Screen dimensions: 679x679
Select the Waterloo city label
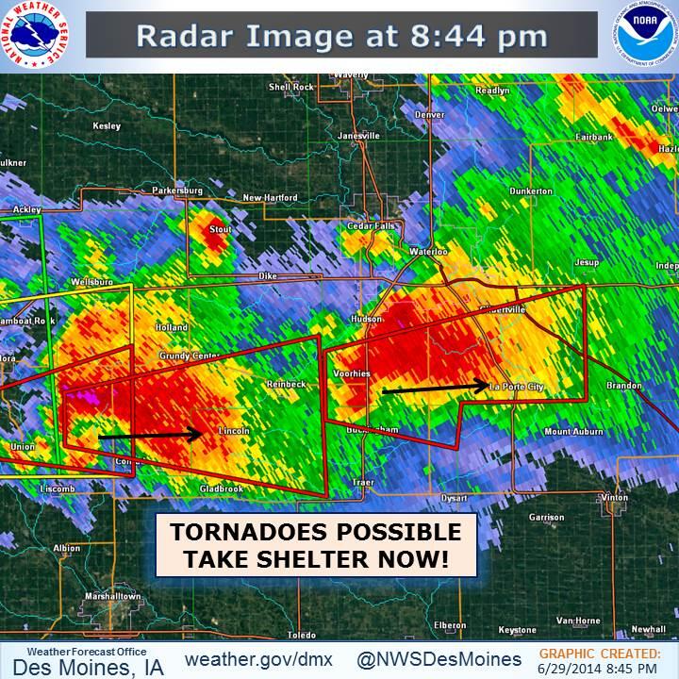coord(428,252)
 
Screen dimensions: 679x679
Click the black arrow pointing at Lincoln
coord(151,436)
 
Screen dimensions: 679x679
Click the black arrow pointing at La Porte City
coord(436,387)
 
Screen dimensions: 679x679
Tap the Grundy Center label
coord(192,356)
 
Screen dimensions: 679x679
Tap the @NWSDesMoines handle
coord(439,657)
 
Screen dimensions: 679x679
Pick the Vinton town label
coord(613,497)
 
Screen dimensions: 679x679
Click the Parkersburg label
coord(177,190)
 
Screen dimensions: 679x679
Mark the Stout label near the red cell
coord(220,228)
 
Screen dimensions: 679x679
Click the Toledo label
coord(302,635)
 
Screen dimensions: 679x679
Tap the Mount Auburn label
coord(573,431)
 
